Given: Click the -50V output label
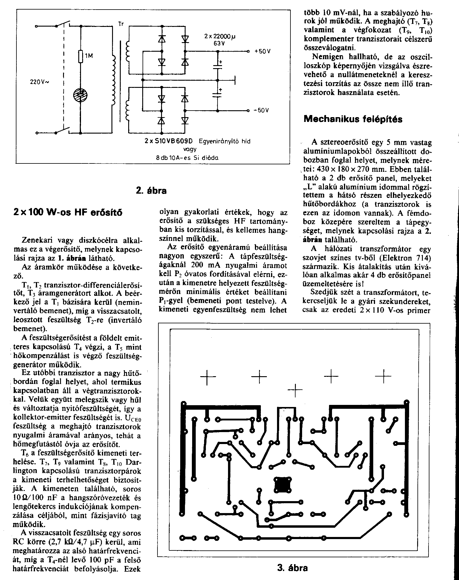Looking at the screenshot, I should [262, 110].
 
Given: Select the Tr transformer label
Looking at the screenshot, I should [121, 24].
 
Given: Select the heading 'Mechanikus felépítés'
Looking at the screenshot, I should [353, 119].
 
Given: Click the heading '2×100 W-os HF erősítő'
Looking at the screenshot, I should [68, 213].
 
